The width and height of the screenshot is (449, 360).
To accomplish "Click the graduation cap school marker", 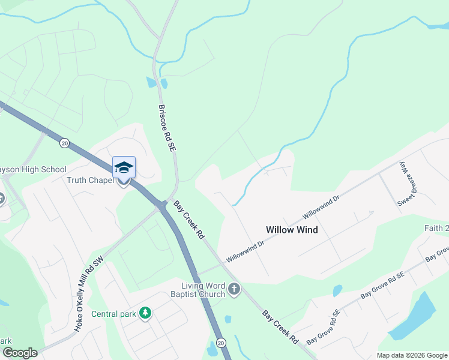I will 124,167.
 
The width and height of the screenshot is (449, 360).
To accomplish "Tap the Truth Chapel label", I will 89,181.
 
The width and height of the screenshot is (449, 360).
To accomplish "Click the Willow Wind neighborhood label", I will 292,230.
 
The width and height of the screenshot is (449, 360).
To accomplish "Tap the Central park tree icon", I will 144,313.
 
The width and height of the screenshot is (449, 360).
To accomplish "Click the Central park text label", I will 113,313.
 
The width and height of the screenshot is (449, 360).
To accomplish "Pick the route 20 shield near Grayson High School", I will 64,143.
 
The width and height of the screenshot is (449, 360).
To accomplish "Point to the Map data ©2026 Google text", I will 411,355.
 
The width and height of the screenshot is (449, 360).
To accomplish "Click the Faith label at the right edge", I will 436,228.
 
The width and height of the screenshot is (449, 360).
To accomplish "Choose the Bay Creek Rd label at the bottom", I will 280,326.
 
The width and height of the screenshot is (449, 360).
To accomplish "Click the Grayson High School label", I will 33,170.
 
